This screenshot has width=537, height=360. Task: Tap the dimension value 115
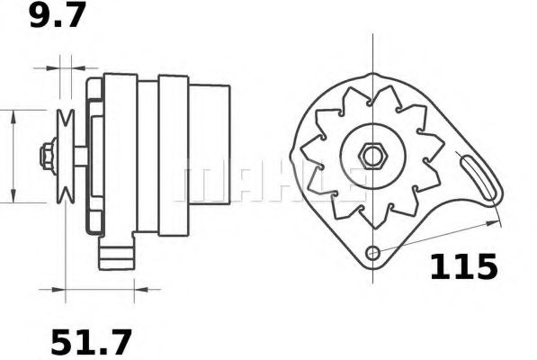click(x=462, y=267)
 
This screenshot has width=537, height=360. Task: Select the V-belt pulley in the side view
click(x=64, y=156)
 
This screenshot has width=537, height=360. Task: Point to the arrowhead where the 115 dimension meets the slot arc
click(x=493, y=219)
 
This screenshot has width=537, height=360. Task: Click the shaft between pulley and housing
click(x=80, y=156)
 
